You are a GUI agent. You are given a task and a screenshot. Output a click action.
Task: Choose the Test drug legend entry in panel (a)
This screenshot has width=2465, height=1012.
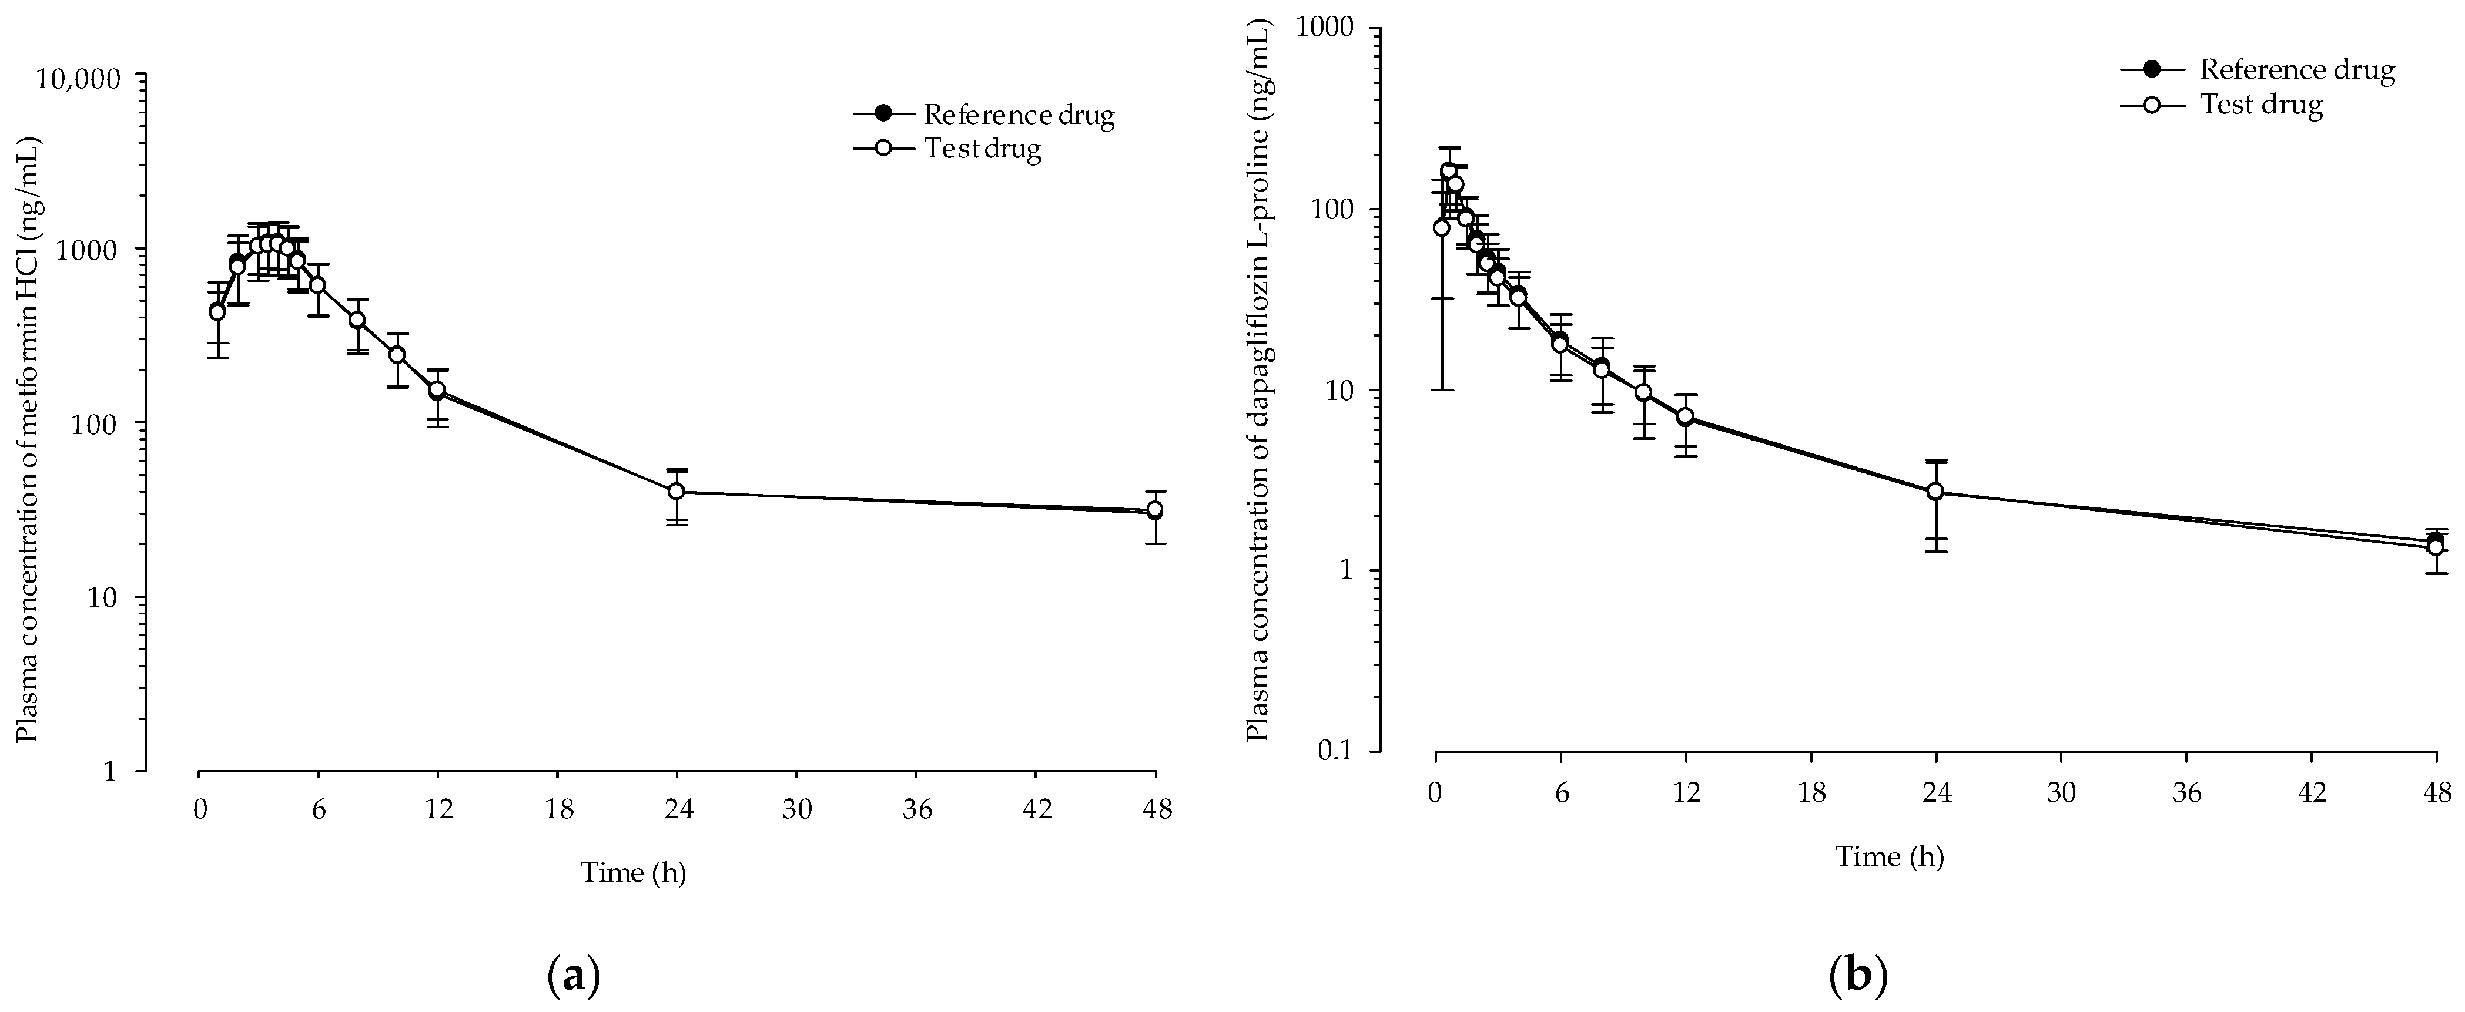click(x=947, y=149)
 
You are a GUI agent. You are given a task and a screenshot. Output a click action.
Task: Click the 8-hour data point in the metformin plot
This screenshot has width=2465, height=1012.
click(x=357, y=320)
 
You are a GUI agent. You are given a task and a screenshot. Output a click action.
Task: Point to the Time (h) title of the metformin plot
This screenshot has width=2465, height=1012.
click(x=634, y=872)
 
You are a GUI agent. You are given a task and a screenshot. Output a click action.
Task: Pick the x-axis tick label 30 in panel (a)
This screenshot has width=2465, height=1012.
click(x=797, y=809)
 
